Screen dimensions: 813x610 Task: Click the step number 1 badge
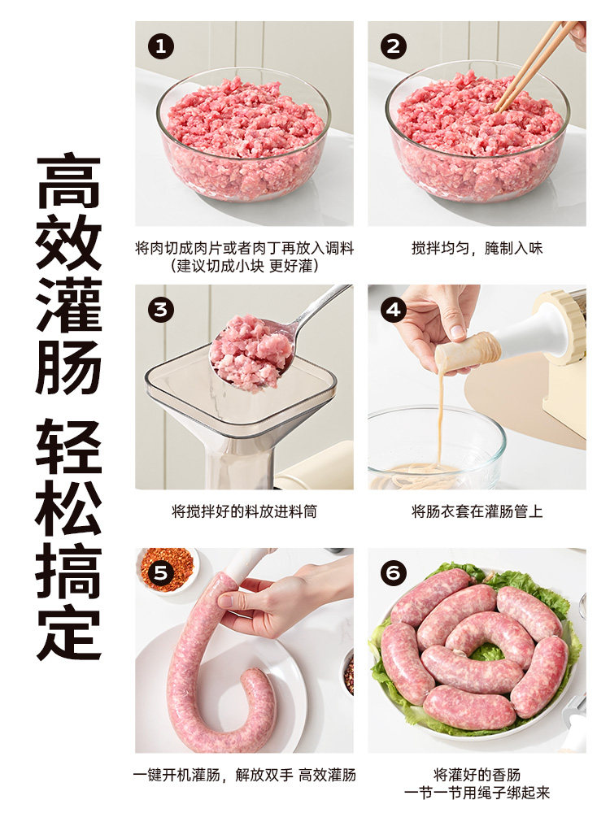161,46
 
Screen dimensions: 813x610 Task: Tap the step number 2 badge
394,46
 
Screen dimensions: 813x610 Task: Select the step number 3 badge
161,310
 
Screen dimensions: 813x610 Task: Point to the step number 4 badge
394,310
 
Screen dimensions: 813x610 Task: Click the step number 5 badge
161,573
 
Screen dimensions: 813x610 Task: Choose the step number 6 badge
394,573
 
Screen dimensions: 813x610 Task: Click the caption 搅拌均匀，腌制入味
477,248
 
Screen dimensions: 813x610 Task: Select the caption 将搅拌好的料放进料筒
244,511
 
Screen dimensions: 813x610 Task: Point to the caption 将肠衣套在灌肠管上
477,511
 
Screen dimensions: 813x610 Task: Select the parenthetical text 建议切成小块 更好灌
244,265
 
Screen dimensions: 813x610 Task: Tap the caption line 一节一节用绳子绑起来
477,793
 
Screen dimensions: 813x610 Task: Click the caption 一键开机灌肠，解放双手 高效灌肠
244,775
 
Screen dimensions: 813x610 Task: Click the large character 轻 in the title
68,447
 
